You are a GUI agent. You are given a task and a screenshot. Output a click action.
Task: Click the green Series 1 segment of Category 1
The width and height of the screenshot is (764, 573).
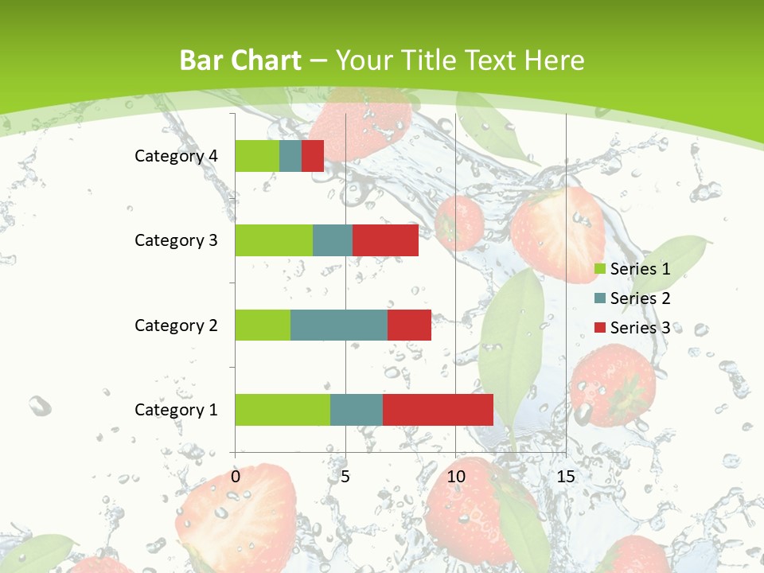click(283, 409)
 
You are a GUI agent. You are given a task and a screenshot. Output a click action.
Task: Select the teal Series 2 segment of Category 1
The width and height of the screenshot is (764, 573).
click(356, 409)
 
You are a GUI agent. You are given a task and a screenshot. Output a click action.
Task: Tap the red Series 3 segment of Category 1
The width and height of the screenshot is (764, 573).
click(438, 409)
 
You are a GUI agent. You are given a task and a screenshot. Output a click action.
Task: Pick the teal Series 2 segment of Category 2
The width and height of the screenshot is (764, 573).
click(338, 325)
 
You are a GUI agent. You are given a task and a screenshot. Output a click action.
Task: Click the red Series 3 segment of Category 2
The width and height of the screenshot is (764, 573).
click(409, 325)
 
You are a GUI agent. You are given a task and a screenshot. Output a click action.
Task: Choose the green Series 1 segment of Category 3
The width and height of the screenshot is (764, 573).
click(274, 240)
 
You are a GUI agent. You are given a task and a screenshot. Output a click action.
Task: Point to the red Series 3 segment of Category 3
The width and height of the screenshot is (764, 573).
click(385, 240)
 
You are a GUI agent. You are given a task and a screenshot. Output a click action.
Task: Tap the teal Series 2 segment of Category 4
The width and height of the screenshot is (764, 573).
click(290, 156)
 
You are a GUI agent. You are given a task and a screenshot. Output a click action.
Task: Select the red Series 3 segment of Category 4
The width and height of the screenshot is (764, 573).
click(313, 156)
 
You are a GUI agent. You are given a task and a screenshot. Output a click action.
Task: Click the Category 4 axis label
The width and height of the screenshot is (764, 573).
click(176, 156)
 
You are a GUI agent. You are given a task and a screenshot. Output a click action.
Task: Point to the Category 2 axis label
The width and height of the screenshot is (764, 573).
click(176, 325)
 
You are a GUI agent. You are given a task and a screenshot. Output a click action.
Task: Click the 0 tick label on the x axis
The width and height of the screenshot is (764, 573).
click(236, 477)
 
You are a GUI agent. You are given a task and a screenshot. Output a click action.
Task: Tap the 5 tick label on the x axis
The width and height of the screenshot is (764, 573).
click(345, 477)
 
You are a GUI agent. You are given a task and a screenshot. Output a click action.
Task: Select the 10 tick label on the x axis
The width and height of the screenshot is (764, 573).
click(455, 477)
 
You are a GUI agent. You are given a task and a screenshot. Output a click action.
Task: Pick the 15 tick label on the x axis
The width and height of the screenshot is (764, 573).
click(565, 477)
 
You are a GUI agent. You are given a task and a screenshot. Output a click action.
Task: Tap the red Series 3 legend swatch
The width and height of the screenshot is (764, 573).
click(599, 328)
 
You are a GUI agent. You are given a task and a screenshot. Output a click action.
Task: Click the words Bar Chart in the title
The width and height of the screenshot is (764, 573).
click(240, 60)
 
